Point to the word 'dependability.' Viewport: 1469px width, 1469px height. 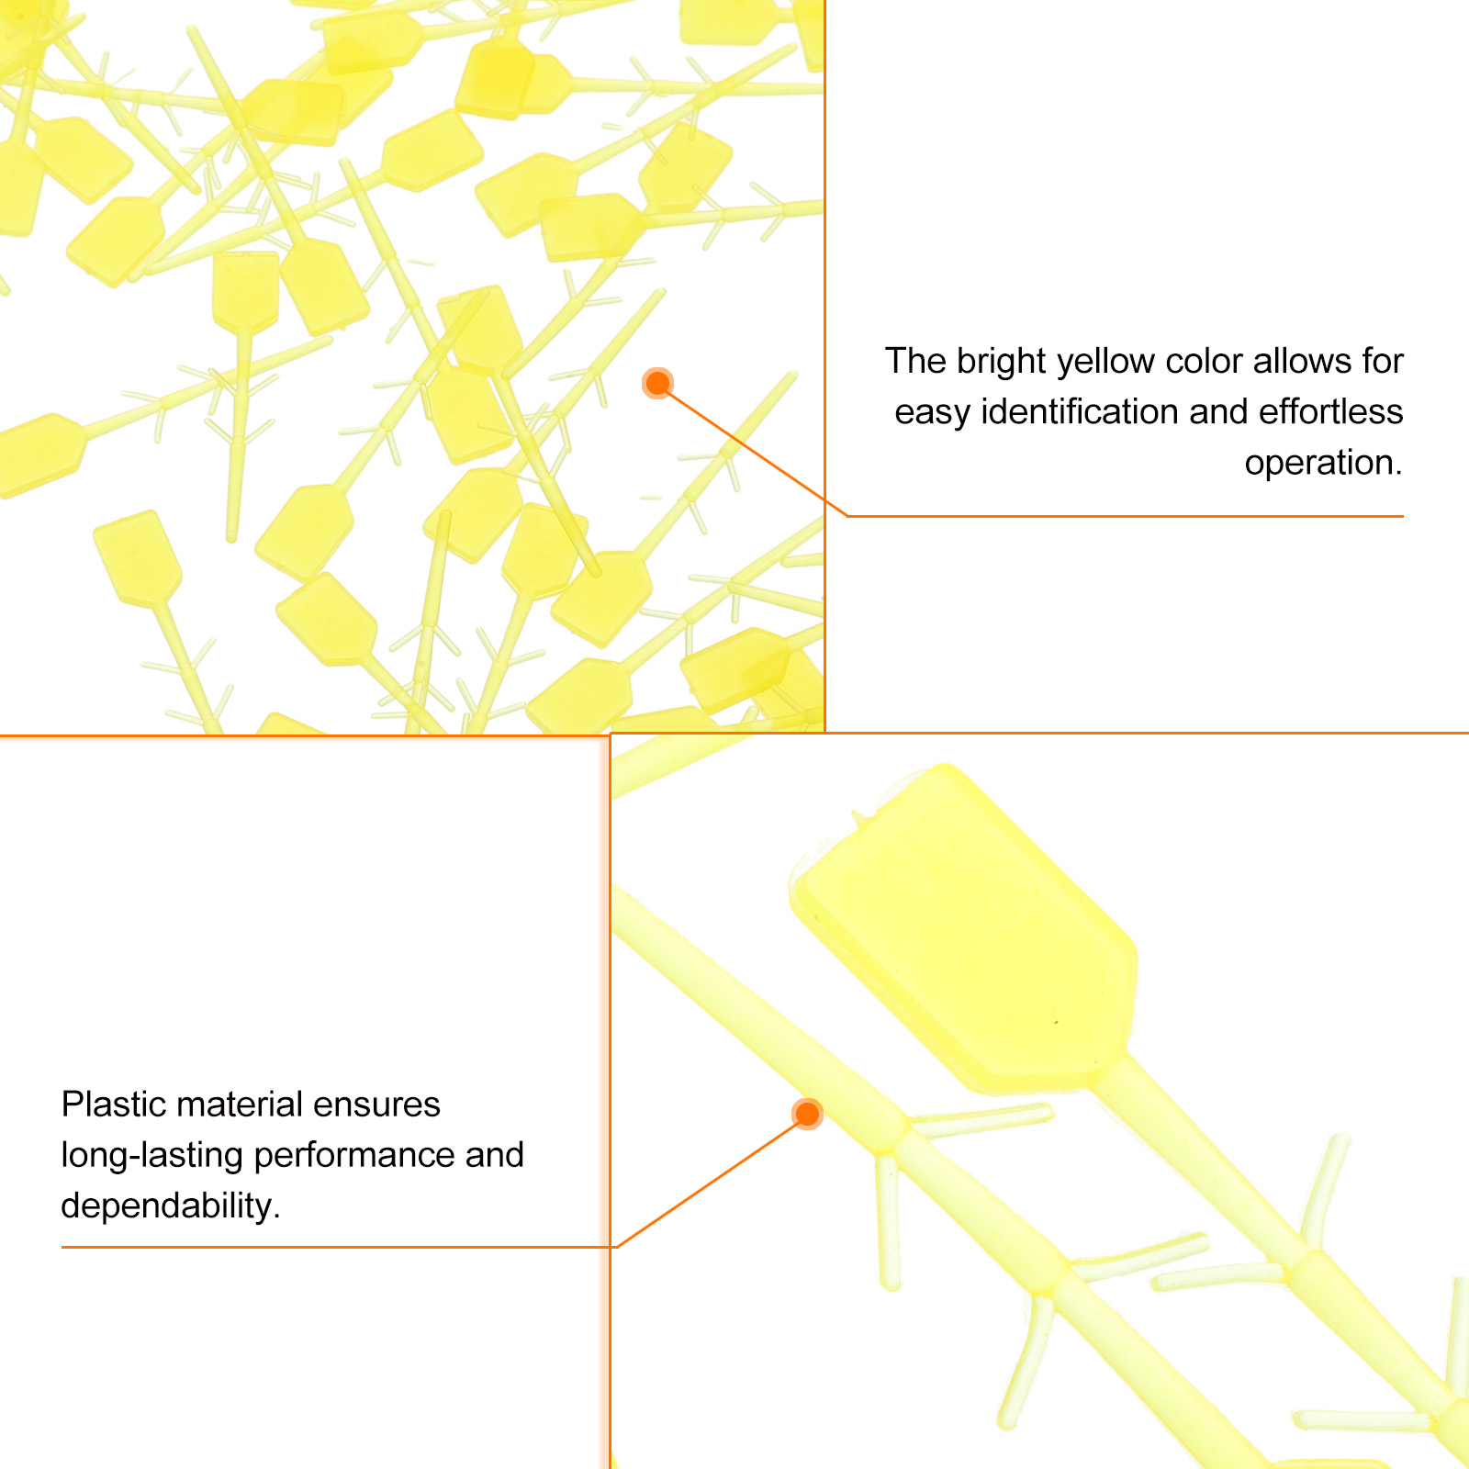coord(171,1206)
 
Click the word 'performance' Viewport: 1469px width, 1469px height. coord(353,1156)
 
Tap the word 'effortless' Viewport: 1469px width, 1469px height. coord(1330,412)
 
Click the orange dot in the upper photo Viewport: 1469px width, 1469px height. coord(657,383)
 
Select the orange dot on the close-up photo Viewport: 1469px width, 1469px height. coord(807,1114)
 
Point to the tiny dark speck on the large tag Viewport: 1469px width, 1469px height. coord(1056,1022)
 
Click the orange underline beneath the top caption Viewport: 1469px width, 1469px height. coord(1125,516)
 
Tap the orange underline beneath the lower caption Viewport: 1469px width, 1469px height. coord(338,1247)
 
